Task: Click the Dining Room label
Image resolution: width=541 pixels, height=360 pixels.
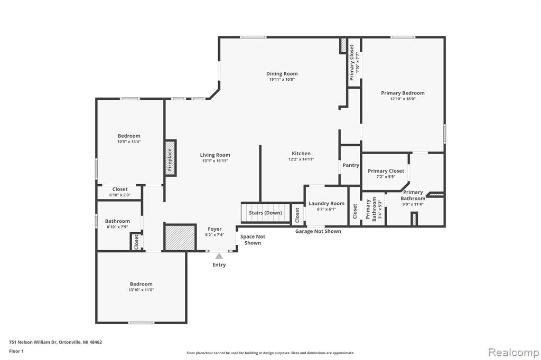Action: [282, 73]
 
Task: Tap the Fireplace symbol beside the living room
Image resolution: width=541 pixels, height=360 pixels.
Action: [170, 158]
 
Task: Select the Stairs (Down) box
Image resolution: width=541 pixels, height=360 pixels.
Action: [265, 213]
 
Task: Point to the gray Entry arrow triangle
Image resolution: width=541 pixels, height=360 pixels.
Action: [219, 256]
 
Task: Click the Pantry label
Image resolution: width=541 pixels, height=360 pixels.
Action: [351, 165]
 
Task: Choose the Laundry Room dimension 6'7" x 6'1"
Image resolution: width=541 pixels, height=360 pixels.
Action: [327, 209]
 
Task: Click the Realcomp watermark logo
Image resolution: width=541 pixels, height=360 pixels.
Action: [514, 353]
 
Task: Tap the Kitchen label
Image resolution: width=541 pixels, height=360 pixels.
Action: [301, 154]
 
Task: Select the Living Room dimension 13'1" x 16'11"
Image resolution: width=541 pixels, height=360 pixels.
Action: [215, 160]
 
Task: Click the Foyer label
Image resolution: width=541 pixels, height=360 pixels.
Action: [214, 229]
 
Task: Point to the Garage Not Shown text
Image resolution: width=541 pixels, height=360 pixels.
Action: [318, 231]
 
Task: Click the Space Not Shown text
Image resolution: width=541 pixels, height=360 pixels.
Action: [253, 240]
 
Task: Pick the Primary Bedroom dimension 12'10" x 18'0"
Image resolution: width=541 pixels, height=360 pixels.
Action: [403, 99]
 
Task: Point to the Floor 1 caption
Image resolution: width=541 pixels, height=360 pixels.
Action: [16, 351]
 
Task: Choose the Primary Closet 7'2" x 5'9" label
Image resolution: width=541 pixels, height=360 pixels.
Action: [386, 173]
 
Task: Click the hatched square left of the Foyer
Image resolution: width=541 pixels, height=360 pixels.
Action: [180, 238]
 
